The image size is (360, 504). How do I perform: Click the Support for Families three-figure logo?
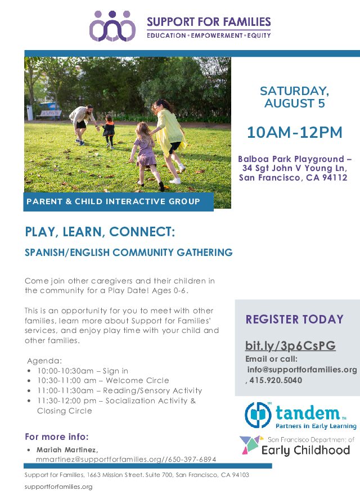pyautogui.click(x=112, y=26)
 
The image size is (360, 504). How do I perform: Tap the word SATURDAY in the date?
pyautogui.click(x=294, y=91)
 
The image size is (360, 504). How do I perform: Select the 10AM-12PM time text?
pyautogui.click(x=294, y=132)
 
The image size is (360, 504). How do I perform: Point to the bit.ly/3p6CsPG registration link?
pyautogui.click(x=290, y=345)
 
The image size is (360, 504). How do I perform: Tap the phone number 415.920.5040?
pyautogui.click(x=276, y=380)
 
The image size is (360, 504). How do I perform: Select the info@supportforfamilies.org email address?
pyautogui.click(x=302, y=370)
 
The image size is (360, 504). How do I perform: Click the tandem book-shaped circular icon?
pyautogui.click(x=258, y=415)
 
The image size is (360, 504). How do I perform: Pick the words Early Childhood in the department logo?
pyautogui.click(x=305, y=450)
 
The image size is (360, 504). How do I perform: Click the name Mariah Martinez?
pyautogui.click(x=67, y=449)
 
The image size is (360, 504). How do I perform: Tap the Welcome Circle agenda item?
pyautogui.click(x=103, y=381)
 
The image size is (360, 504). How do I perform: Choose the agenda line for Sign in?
pyautogui.click(x=83, y=371)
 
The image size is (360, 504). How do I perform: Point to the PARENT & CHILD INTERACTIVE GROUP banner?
pyautogui.click(x=118, y=202)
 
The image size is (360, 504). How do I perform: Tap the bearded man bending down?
pyautogui.click(x=83, y=124)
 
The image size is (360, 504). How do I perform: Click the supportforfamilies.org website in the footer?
pyautogui.click(x=58, y=487)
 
